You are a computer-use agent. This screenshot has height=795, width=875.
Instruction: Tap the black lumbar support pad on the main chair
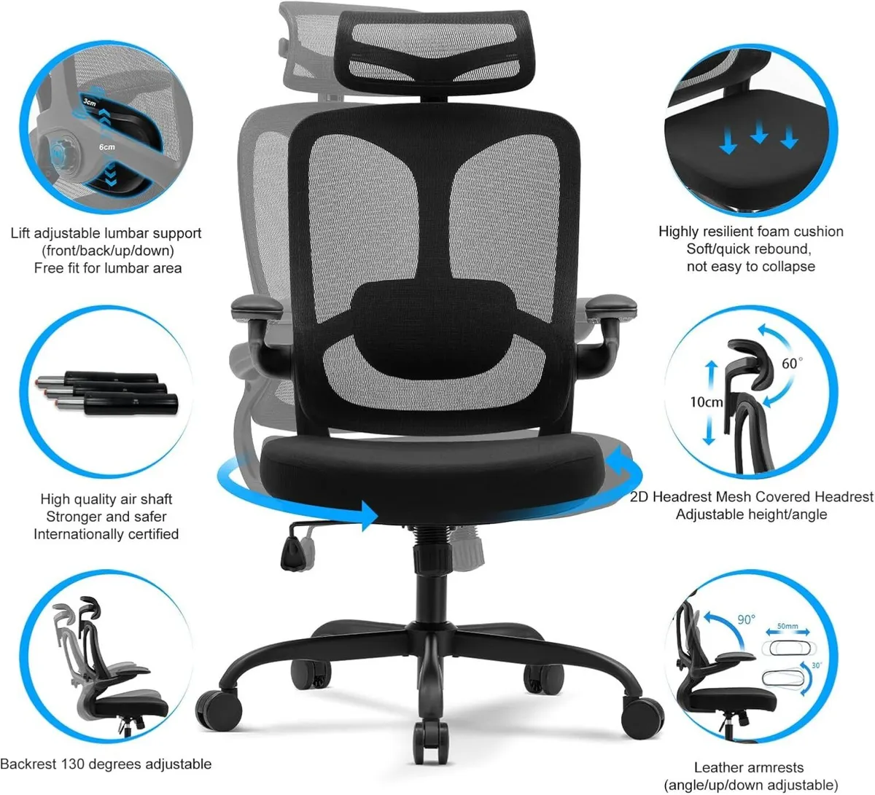tap(434, 310)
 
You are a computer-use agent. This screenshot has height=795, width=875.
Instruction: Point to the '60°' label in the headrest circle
tap(791, 363)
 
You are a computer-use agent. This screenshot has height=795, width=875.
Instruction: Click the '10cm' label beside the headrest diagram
tap(707, 402)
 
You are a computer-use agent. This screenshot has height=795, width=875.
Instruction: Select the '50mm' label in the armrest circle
tap(787, 626)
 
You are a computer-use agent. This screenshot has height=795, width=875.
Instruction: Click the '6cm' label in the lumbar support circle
tap(107, 148)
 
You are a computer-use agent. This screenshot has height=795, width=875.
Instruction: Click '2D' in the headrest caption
tap(639, 497)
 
